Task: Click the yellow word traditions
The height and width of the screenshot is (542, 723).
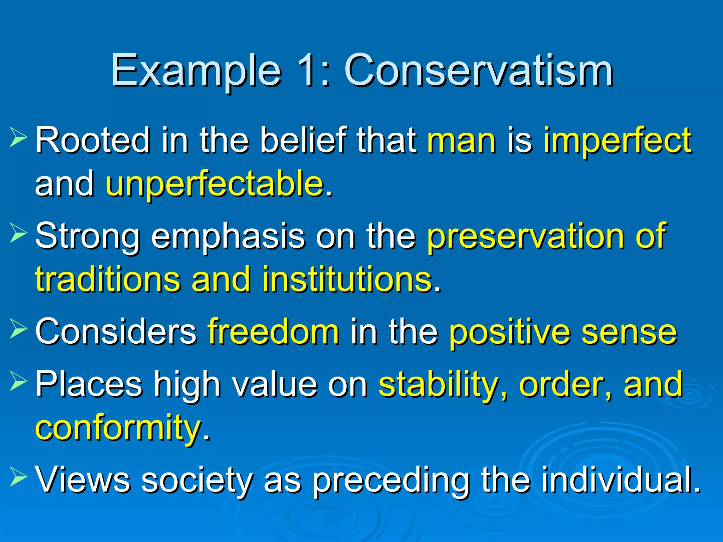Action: click(108, 280)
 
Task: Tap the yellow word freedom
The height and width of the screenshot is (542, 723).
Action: click(274, 332)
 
